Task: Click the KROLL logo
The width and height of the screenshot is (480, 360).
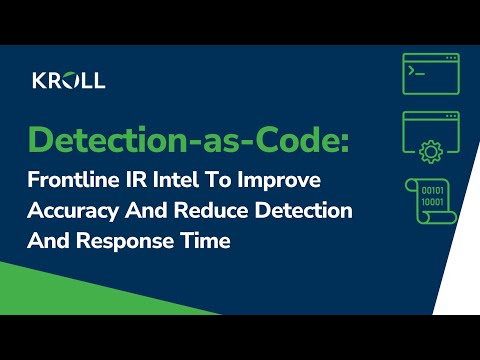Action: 68,80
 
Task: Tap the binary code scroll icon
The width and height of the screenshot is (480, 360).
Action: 430,200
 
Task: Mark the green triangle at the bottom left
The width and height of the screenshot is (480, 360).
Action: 60,290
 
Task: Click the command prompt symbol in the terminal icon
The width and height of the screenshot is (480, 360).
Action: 413,74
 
